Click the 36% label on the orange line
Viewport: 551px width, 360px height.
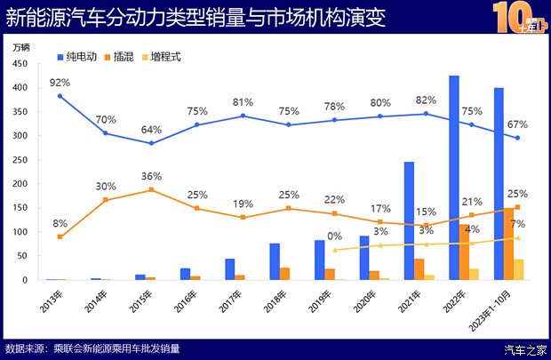151,176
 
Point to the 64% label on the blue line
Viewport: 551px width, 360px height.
151,130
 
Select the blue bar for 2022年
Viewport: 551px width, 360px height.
454,178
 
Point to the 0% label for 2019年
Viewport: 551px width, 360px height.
336,236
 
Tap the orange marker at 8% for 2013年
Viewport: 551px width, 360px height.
60,236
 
